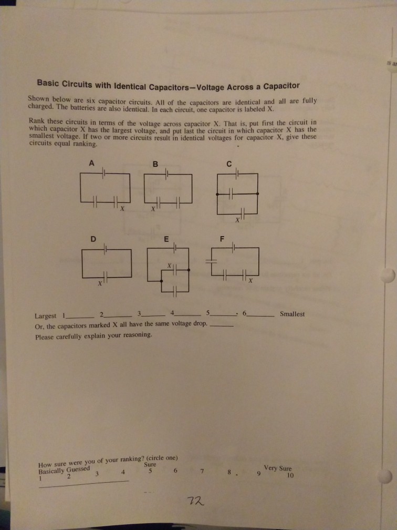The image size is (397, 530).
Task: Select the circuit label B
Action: coord(154,164)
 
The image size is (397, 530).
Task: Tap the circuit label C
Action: coord(229,164)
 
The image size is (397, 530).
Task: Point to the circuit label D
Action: coord(92,238)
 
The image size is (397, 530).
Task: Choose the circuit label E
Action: coord(166,238)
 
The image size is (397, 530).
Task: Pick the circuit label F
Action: coord(222,238)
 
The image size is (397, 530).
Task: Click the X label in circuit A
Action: coord(122,210)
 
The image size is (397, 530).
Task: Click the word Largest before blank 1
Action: coord(45,316)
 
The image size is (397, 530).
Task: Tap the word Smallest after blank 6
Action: coord(292,314)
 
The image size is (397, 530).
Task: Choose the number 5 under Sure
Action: coord(150,471)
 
